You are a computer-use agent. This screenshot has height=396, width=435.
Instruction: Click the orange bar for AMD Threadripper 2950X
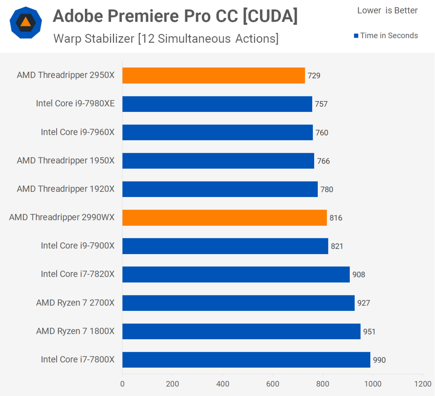click(x=213, y=76)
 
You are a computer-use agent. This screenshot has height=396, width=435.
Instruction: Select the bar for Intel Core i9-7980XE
click(x=217, y=104)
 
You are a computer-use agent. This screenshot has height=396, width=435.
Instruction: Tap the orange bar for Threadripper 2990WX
click(x=224, y=218)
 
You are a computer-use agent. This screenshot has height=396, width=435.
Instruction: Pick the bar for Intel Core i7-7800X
click(x=246, y=360)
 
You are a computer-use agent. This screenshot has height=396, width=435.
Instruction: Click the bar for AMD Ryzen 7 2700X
click(x=238, y=303)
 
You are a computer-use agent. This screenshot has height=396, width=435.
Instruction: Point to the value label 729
click(x=314, y=76)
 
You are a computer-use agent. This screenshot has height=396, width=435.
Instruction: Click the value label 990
click(x=379, y=360)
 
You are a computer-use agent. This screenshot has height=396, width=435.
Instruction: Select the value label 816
click(x=336, y=218)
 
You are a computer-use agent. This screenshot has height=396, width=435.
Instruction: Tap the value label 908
click(x=358, y=275)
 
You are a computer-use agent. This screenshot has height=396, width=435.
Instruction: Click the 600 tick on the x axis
click(x=272, y=384)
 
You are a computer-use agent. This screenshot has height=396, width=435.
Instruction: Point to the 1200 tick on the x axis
click(x=423, y=384)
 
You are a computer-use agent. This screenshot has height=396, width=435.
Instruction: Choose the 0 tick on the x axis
click(x=122, y=384)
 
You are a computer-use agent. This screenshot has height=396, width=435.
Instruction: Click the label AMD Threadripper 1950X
click(x=66, y=161)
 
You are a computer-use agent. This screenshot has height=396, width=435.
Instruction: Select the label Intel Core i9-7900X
click(x=78, y=246)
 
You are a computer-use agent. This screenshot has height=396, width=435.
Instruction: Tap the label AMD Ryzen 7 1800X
click(x=75, y=331)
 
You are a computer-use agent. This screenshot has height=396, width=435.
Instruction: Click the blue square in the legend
click(x=356, y=36)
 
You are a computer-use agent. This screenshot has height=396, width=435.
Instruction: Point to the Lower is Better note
click(x=387, y=11)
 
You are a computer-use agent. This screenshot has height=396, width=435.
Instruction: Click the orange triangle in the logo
click(x=25, y=22)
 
